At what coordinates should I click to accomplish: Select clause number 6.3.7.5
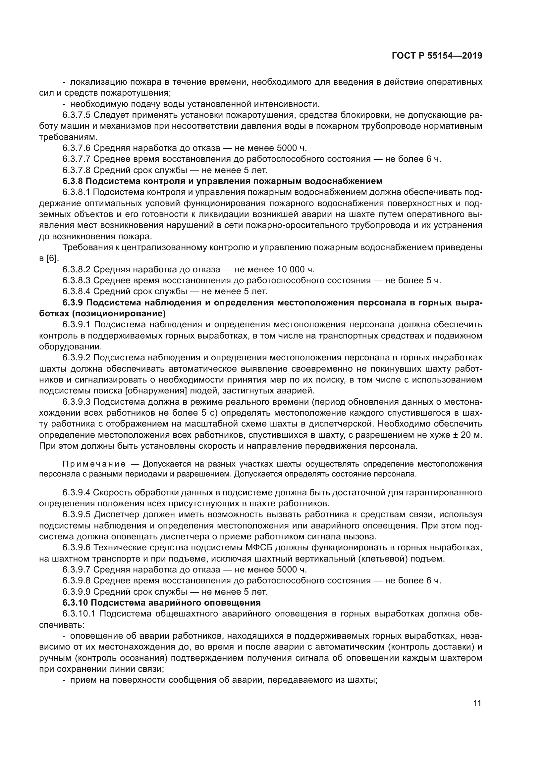point(76,115)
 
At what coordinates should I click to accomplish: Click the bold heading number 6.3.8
point(73,181)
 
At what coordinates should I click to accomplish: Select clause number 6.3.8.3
point(76,281)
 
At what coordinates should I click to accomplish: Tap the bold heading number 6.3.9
point(73,303)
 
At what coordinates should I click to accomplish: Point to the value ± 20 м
point(466,435)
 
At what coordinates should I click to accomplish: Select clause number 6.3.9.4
point(76,492)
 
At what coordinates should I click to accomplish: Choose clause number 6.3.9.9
point(76,592)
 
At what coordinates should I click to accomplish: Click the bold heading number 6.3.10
point(74,603)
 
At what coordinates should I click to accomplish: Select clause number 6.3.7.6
point(76,148)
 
